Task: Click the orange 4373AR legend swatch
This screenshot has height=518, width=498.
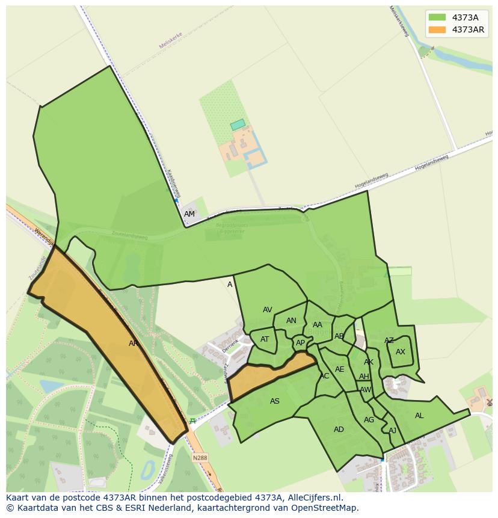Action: click(x=437, y=29)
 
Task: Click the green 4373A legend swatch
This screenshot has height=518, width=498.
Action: click(x=437, y=17)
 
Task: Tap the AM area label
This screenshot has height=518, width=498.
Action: click(x=189, y=214)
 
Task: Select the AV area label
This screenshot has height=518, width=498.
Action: click(x=268, y=310)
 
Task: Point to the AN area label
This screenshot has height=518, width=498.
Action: click(x=291, y=321)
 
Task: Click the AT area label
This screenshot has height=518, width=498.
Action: click(x=265, y=339)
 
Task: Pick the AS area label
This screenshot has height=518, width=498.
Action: click(x=275, y=401)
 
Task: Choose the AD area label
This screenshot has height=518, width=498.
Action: click(x=339, y=430)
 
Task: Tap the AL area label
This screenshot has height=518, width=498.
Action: click(x=419, y=416)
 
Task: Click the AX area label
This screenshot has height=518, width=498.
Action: click(x=401, y=352)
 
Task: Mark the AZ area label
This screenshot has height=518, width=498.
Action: click(x=389, y=341)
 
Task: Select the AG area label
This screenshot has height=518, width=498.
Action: click(x=369, y=420)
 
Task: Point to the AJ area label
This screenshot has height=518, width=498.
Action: click(x=392, y=431)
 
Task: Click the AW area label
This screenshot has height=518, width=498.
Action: click(x=365, y=390)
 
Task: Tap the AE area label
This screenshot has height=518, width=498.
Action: click(x=340, y=369)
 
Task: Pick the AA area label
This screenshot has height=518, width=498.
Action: click(x=318, y=325)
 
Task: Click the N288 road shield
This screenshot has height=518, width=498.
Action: click(x=200, y=458)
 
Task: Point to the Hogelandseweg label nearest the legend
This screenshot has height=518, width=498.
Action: click(x=432, y=162)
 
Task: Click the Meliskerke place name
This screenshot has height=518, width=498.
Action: click(x=170, y=41)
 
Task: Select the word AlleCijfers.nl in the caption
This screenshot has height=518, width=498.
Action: click(x=312, y=498)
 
